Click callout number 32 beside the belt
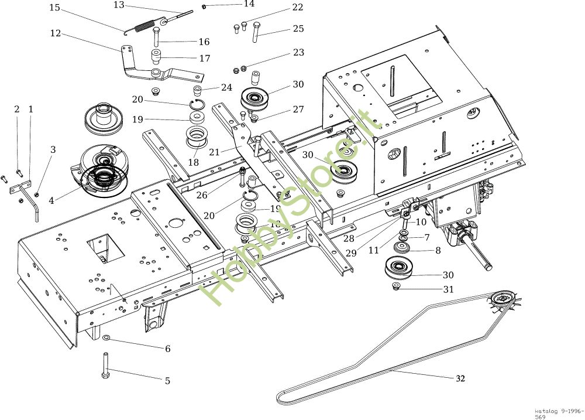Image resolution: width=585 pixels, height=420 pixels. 460,378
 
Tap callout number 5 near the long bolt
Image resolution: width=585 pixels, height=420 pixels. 167,381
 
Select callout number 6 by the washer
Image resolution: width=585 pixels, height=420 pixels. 167,349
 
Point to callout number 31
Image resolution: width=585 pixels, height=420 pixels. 449,289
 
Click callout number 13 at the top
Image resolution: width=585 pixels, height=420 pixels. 119,5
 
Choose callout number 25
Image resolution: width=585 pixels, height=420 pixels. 298,28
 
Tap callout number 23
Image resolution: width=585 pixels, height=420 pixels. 298,52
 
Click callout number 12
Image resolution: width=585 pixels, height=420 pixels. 56,33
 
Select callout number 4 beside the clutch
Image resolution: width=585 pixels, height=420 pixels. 51,200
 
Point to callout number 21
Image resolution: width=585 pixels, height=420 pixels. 214,152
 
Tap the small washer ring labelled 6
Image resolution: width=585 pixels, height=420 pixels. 106,339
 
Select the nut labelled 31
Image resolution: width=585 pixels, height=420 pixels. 395,286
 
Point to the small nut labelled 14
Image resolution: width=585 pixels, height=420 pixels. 204,6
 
